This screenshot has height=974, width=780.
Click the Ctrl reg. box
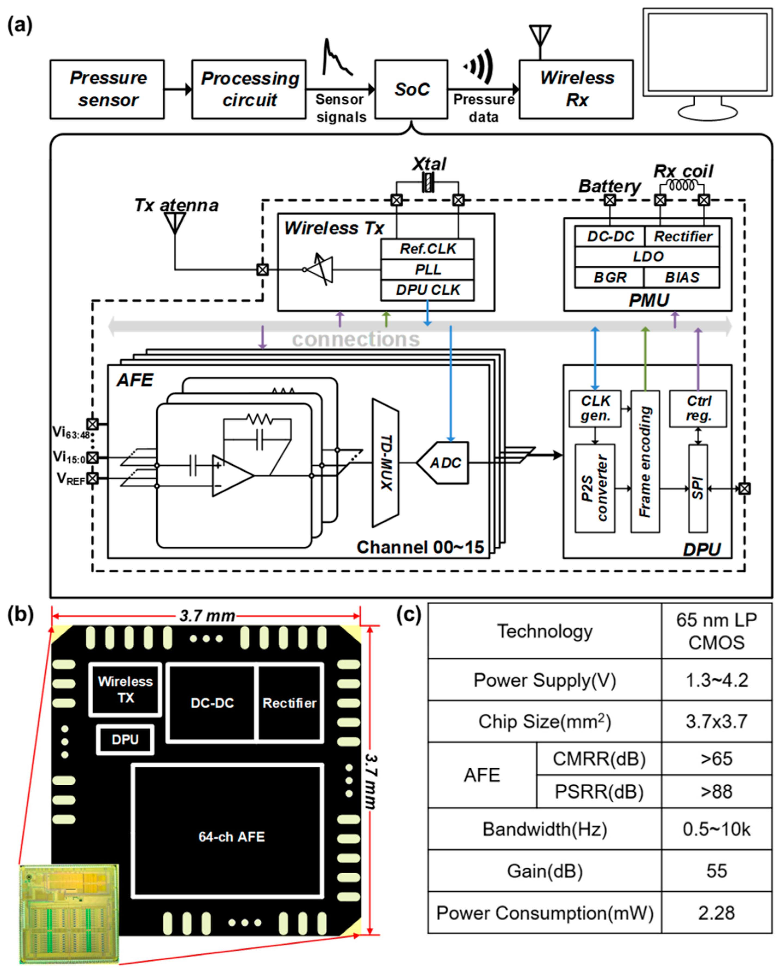click(698, 408)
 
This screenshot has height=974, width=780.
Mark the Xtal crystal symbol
click(427, 183)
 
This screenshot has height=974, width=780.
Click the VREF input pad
click(92, 478)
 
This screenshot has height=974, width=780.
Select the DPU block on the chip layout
click(125, 740)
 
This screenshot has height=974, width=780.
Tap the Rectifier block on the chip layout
click(289, 703)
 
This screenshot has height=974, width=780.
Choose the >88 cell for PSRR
click(716, 791)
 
